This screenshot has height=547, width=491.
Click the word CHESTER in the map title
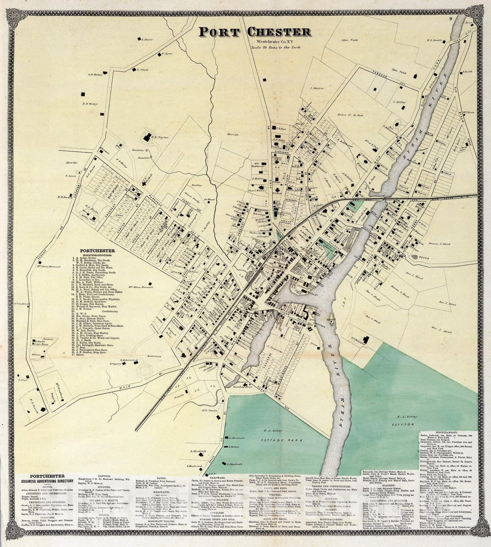click(x=279, y=32)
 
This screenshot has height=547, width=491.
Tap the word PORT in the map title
click(x=221, y=32)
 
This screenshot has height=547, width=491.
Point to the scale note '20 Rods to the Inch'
click(x=271, y=48)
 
